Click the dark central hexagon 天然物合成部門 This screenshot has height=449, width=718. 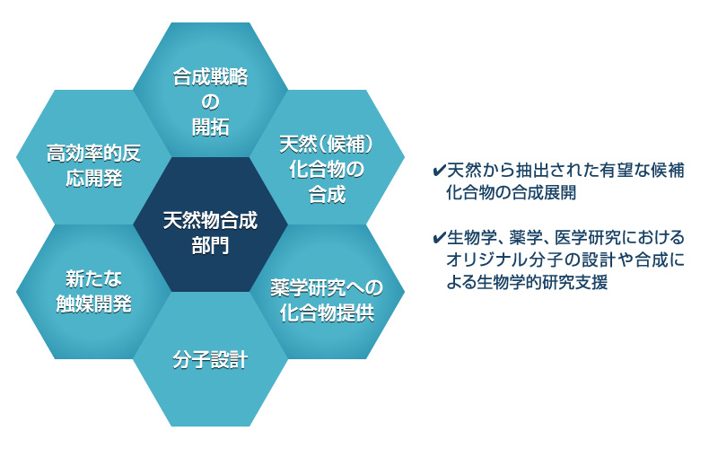210,224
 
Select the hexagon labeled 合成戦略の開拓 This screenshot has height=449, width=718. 210,90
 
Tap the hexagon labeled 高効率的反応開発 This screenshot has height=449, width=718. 93,157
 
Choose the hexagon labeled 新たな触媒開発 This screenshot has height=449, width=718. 93,292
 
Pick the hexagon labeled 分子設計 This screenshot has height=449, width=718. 210,359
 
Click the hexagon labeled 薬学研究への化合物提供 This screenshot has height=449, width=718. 327,292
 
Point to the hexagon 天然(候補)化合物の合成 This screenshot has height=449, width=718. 327,157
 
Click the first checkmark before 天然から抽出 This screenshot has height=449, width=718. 439,171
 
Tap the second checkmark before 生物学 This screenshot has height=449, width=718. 439,238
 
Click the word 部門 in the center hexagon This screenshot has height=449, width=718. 210,246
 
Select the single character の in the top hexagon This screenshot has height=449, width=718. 210,102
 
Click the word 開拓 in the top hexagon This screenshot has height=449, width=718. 210,127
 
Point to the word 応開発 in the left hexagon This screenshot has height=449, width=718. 94,178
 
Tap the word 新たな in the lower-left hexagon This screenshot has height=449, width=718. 94,278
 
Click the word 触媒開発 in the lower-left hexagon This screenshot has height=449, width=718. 94,304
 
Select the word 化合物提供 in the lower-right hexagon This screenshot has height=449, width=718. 327,313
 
